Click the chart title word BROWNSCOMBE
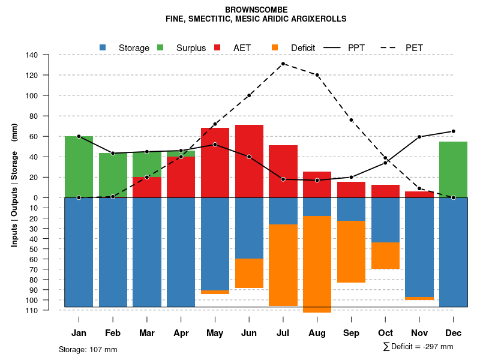tap(256, 10)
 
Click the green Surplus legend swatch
tap(161, 47)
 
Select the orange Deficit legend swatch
tap(275, 47)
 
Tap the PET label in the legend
tap(415, 48)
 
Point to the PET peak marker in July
tap(283, 64)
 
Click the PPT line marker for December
tap(454, 131)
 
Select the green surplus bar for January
tap(79, 167)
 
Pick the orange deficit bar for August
tap(317, 264)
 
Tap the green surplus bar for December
tap(454, 169)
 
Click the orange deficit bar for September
tap(352, 251)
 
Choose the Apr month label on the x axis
tap(181, 333)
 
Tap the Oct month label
tap(385, 333)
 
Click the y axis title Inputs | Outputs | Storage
tap(14, 185)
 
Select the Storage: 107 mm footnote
tap(88, 349)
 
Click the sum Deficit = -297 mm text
tap(418, 347)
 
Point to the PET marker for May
tap(215, 124)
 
